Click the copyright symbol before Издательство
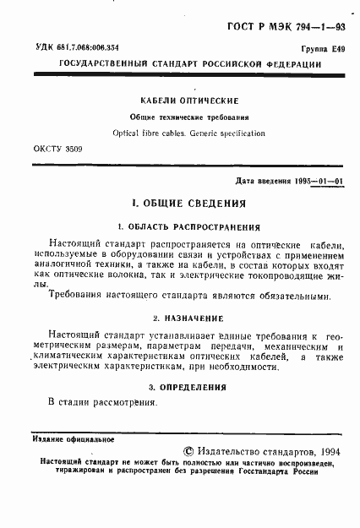coord(188,454)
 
